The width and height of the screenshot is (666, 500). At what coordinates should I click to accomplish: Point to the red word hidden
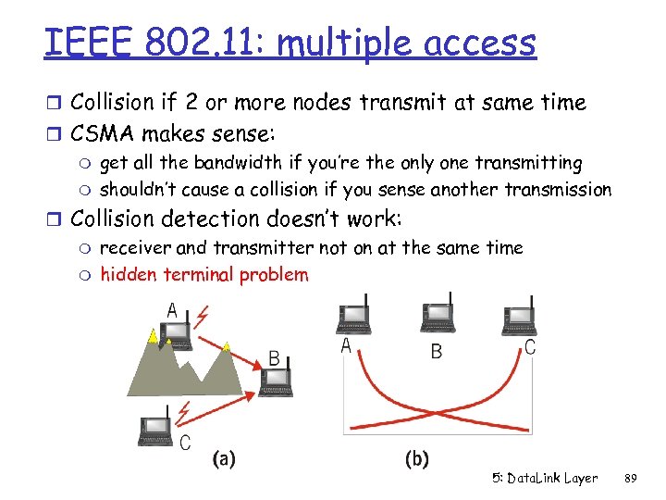coord(129,274)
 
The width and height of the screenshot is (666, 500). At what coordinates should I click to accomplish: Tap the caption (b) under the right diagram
coord(417,458)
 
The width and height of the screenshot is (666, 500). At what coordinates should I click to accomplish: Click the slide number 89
coord(631,479)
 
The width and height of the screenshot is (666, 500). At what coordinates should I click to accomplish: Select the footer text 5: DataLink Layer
coord(545,479)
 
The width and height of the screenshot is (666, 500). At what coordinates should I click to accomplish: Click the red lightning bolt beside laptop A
coord(203,319)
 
